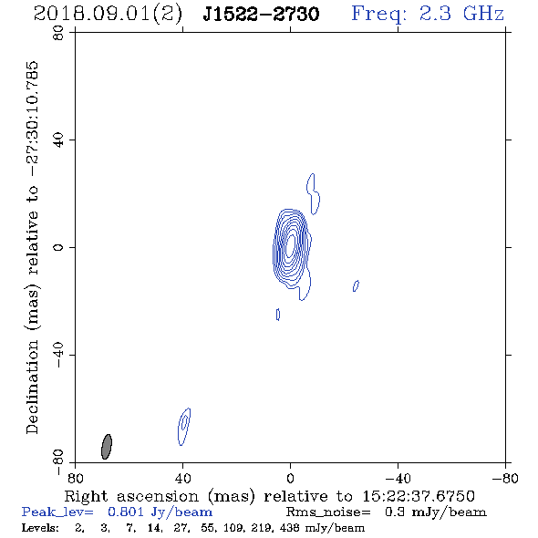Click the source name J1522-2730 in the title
click(261, 14)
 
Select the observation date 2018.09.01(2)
click(108, 15)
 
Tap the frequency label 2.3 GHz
click(461, 14)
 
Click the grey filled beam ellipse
click(107, 447)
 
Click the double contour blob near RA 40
click(184, 427)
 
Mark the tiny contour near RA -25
click(356, 285)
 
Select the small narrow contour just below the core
click(278, 315)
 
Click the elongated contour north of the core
click(314, 194)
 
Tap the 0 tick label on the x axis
click(290, 479)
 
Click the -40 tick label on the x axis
click(398, 479)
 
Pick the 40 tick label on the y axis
click(58, 140)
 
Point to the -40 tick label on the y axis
click(58, 355)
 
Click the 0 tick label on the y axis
click(58, 247)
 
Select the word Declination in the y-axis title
click(32, 387)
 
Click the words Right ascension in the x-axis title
click(131, 496)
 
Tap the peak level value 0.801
click(126, 512)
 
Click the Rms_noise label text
click(328, 512)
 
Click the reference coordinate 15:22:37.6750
click(419, 496)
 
